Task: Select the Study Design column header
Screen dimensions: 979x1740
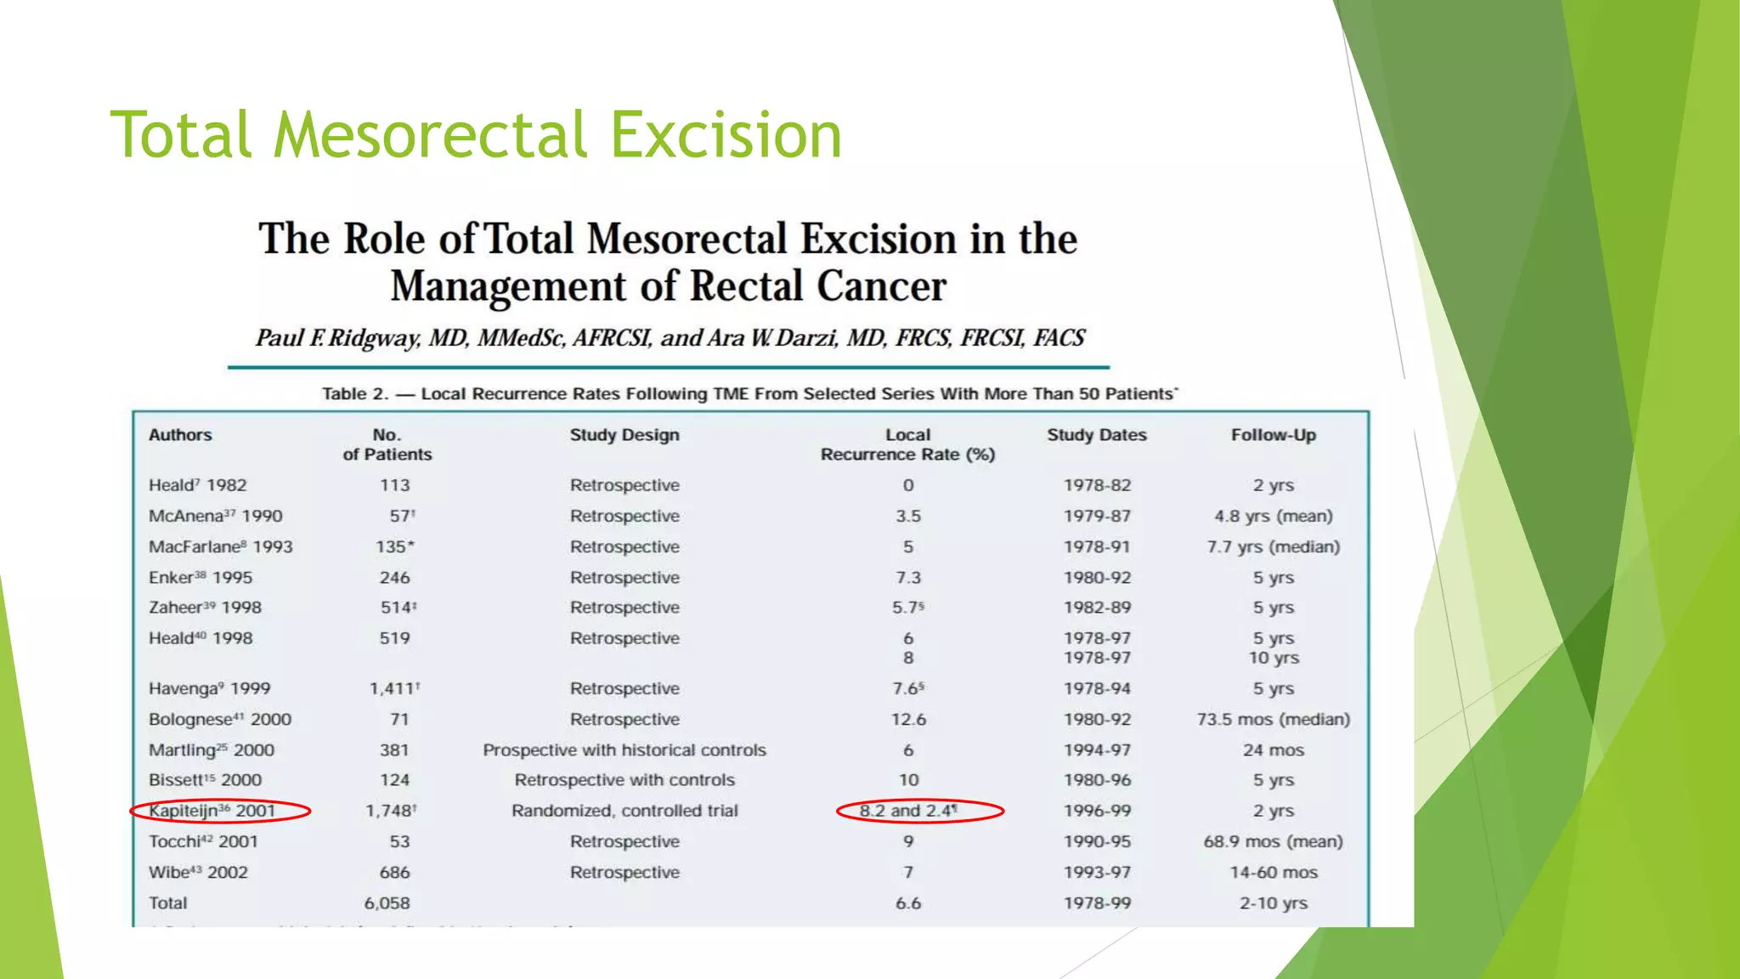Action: point(624,435)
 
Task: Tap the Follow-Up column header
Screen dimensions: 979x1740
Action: point(1273,435)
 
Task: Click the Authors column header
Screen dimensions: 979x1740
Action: point(180,435)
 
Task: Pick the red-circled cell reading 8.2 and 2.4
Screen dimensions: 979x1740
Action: point(907,811)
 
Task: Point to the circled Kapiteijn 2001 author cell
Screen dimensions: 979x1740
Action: point(212,811)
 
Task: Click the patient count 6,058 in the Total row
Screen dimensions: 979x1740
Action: point(387,903)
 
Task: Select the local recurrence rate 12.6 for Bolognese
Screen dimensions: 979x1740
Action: point(908,720)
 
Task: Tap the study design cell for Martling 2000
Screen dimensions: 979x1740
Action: point(624,750)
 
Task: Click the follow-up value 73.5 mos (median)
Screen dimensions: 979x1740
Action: point(1273,720)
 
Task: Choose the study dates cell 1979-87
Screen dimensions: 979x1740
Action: point(1097,516)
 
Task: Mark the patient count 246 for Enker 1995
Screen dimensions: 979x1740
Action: point(394,578)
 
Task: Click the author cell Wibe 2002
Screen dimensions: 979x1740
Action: point(198,873)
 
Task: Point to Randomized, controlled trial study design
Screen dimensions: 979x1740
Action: point(624,811)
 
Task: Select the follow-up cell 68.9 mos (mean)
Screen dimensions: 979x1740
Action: point(1273,841)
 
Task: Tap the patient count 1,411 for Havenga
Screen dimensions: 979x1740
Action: point(393,688)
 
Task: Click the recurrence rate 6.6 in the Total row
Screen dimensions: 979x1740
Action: point(908,903)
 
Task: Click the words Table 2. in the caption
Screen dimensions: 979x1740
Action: point(354,394)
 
